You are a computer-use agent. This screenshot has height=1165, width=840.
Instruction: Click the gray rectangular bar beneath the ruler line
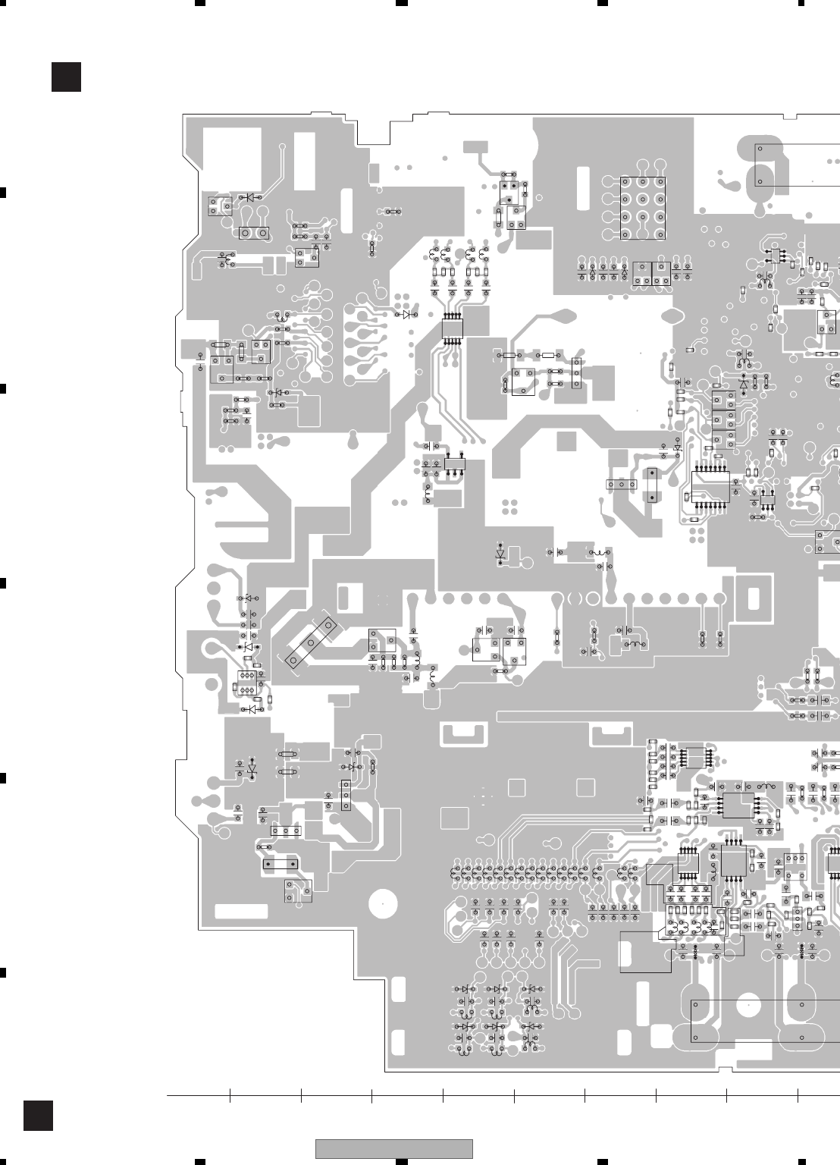pyautogui.click(x=393, y=1149)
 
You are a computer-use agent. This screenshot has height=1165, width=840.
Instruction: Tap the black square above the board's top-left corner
pyautogui.click(x=66, y=77)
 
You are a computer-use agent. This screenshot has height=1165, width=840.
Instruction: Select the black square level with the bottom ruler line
pyautogui.click(x=38, y=1116)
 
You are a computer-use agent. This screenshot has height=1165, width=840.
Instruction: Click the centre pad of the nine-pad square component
pyautogui.click(x=643, y=199)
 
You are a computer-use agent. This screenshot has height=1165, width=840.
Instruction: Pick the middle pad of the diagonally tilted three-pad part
pyautogui.click(x=311, y=642)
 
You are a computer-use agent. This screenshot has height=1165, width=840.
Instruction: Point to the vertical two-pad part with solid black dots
pyautogui.click(x=650, y=486)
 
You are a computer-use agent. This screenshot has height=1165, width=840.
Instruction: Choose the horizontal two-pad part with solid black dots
pyautogui.click(x=280, y=864)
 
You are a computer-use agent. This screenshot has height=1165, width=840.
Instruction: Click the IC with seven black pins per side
pyautogui.click(x=710, y=486)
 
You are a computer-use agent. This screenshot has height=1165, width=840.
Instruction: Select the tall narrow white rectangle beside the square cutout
pyautogui.click(x=304, y=162)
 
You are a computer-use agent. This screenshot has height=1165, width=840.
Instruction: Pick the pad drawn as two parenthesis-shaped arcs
pyautogui.click(x=574, y=598)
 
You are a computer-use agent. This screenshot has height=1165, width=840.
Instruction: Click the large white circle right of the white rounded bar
pyautogui.click(x=383, y=904)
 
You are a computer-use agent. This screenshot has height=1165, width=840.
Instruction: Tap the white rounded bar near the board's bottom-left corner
pyautogui.click(x=241, y=911)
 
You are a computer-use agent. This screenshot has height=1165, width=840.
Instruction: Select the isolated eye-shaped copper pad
pyautogui.click(x=672, y=317)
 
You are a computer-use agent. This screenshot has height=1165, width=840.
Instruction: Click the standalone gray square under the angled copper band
pyautogui.click(x=566, y=441)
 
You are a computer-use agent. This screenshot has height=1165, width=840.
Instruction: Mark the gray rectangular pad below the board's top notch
pyautogui.click(x=475, y=146)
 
